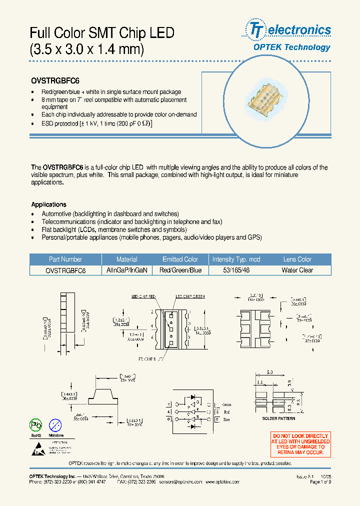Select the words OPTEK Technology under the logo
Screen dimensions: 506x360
click(x=291, y=47)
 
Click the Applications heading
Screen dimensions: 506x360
click(x=48, y=204)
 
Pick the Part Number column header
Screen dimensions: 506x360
click(x=65, y=259)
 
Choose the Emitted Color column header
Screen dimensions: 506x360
click(x=180, y=259)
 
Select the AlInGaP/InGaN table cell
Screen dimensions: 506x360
click(x=126, y=270)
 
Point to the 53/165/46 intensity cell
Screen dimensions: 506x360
click(x=236, y=270)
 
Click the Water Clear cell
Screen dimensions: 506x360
click(x=297, y=270)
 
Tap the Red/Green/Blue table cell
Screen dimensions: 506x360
click(x=180, y=270)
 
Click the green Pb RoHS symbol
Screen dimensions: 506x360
click(x=35, y=425)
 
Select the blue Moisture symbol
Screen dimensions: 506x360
click(x=56, y=425)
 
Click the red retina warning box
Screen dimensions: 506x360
click(x=300, y=444)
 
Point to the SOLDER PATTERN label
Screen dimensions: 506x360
click(x=278, y=418)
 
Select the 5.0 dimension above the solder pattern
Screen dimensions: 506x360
click(x=269, y=372)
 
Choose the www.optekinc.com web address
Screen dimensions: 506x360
click(x=222, y=482)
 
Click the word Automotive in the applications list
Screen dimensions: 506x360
click(x=56, y=213)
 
